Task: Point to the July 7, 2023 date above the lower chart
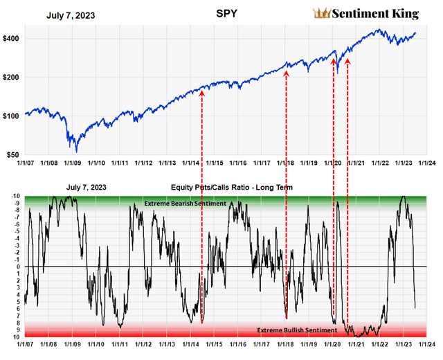[86, 188]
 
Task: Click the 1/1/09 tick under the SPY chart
[72, 163]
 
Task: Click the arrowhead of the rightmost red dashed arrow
[347, 62]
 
